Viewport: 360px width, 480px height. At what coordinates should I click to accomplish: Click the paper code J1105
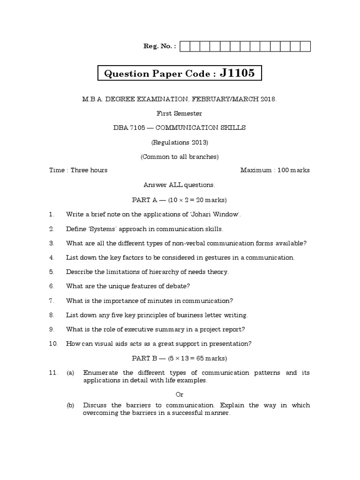coord(238,73)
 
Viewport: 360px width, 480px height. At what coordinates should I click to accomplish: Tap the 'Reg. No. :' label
coord(159,46)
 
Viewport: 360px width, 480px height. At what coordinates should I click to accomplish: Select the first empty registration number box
coord(185,46)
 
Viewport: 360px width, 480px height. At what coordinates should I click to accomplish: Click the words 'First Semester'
coord(180,113)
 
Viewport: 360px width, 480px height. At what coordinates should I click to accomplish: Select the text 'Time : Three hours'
coord(78,170)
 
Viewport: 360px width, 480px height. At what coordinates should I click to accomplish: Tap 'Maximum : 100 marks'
coord(275,170)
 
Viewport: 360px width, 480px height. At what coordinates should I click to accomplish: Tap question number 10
coord(53,344)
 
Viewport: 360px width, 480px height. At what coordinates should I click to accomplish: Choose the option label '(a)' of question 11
coord(70,373)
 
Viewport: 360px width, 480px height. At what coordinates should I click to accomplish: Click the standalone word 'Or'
coord(180,394)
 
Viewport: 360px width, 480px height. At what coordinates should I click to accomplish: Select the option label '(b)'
coord(70,405)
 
